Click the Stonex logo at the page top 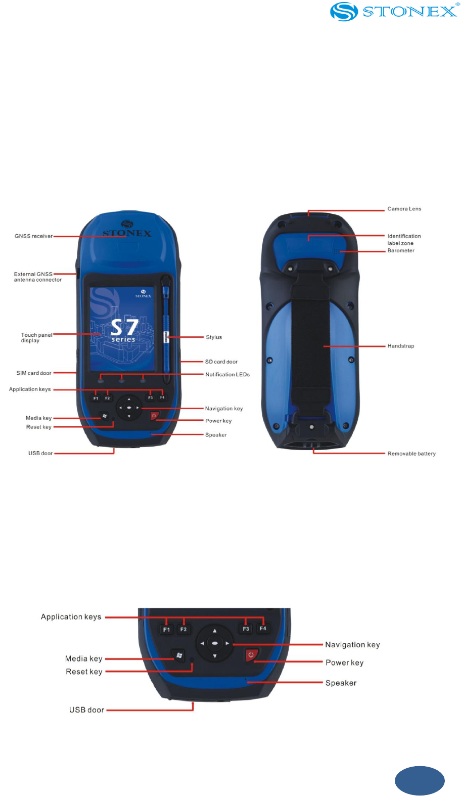click(394, 11)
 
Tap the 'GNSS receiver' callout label click(33, 236)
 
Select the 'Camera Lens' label click(404, 209)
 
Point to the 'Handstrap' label click(400, 346)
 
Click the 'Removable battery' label click(411, 454)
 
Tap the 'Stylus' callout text click(213, 337)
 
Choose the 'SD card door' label click(221, 362)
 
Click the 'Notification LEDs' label click(227, 375)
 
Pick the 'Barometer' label click(401, 251)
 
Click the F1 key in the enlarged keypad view click(166, 630)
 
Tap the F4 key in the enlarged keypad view click(263, 628)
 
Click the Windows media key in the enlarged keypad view click(179, 655)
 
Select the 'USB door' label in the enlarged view click(86, 710)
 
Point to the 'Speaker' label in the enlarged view click(341, 683)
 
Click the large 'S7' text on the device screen click(124, 327)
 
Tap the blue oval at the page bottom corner click(420, 780)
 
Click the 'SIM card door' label click(33, 373)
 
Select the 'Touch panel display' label click(36, 338)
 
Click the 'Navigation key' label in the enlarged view click(352, 645)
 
